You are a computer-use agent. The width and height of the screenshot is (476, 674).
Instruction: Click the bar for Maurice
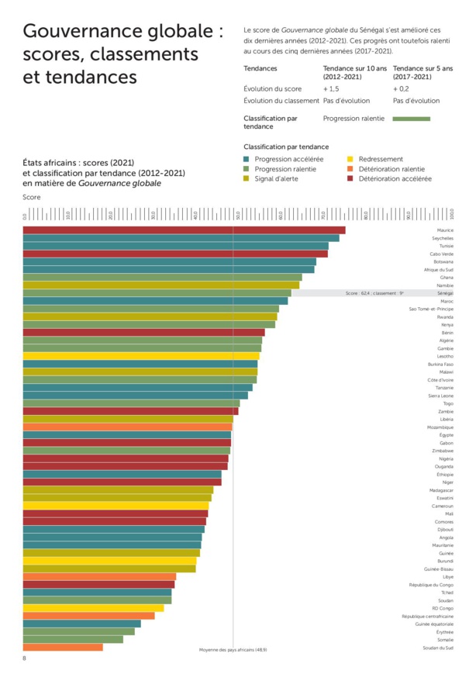[184, 230]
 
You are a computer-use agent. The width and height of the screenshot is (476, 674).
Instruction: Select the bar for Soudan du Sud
[63, 647]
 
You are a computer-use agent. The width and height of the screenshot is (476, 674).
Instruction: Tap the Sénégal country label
[445, 293]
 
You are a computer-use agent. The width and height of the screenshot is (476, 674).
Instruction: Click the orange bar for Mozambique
[127, 427]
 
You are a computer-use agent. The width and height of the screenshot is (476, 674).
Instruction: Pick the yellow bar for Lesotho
[141, 356]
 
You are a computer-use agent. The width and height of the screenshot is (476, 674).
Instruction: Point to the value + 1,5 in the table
[331, 89]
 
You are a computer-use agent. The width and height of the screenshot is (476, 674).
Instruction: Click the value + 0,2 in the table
[402, 89]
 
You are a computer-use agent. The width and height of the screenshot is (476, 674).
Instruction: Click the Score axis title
[30, 198]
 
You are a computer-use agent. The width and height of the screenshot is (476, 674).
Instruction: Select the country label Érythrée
[444, 631]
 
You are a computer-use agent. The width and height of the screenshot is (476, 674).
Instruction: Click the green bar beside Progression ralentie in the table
[411, 119]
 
